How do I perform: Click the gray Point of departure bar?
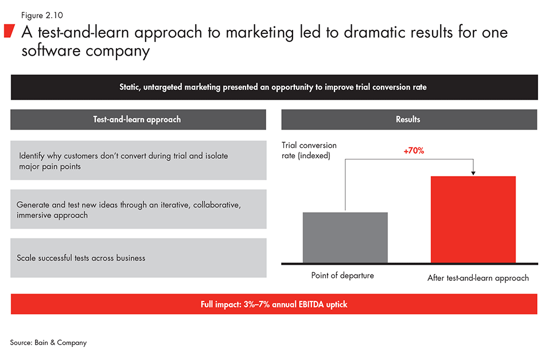pyautogui.click(x=345, y=237)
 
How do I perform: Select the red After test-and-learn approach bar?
pyautogui.click(x=473, y=220)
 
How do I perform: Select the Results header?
pyautogui.click(x=408, y=119)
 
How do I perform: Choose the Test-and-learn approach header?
pyautogui.click(x=138, y=119)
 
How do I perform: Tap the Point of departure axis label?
pyautogui.click(x=342, y=276)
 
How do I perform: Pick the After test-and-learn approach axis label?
pyautogui.click(x=478, y=278)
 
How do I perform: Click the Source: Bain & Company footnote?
pyautogui.click(x=48, y=342)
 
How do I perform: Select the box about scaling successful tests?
pyautogui.click(x=138, y=258)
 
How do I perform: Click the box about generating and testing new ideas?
pyautogui.click(x=138, y=209)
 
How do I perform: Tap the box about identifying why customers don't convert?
pyautogui.click(x=138, y=161)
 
